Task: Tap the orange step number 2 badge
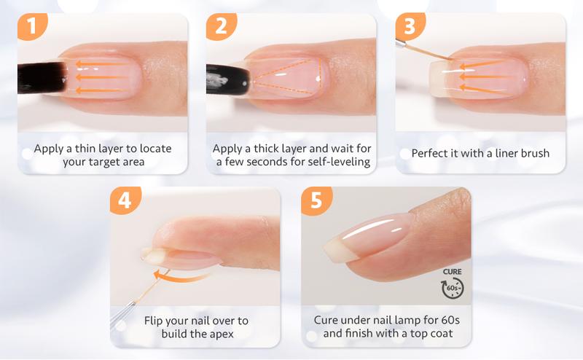[x=218, y=28]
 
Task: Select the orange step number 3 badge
[x=409, y=28]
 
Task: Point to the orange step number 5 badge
[x=316, y=201]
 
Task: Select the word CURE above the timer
[x=453, y=272]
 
